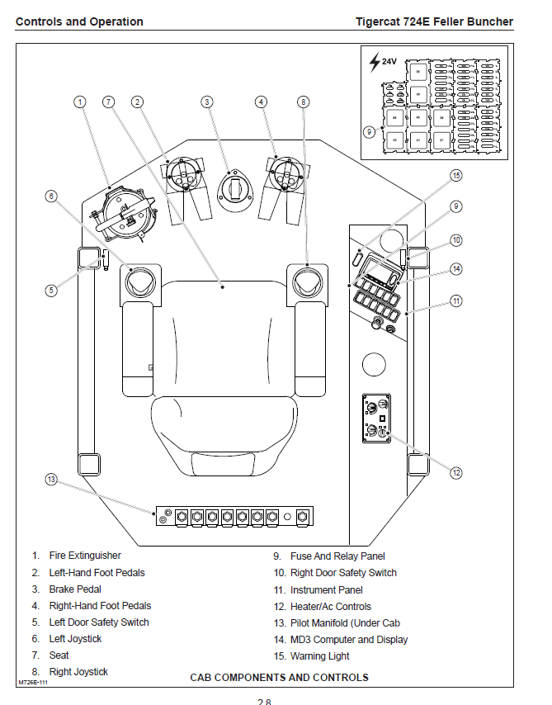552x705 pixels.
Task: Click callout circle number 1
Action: click(80, 102)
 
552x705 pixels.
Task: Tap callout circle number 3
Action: click(207, 102)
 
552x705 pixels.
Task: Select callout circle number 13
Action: click(52, 480)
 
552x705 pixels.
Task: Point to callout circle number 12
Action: click(456, 473)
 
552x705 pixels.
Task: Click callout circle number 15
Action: click(456, 175)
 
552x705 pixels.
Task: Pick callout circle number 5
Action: click(51, 291)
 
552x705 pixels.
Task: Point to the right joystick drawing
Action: click(307, 282)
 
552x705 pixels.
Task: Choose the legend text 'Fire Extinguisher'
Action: click(85, 556)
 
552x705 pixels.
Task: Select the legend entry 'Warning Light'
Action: click(319, 656)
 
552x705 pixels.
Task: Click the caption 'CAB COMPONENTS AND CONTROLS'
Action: click(279, 678)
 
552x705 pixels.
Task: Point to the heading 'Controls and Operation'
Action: click(79, 22)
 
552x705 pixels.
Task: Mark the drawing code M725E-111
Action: click(33, 684)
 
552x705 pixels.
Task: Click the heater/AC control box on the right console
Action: click(376, 419)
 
